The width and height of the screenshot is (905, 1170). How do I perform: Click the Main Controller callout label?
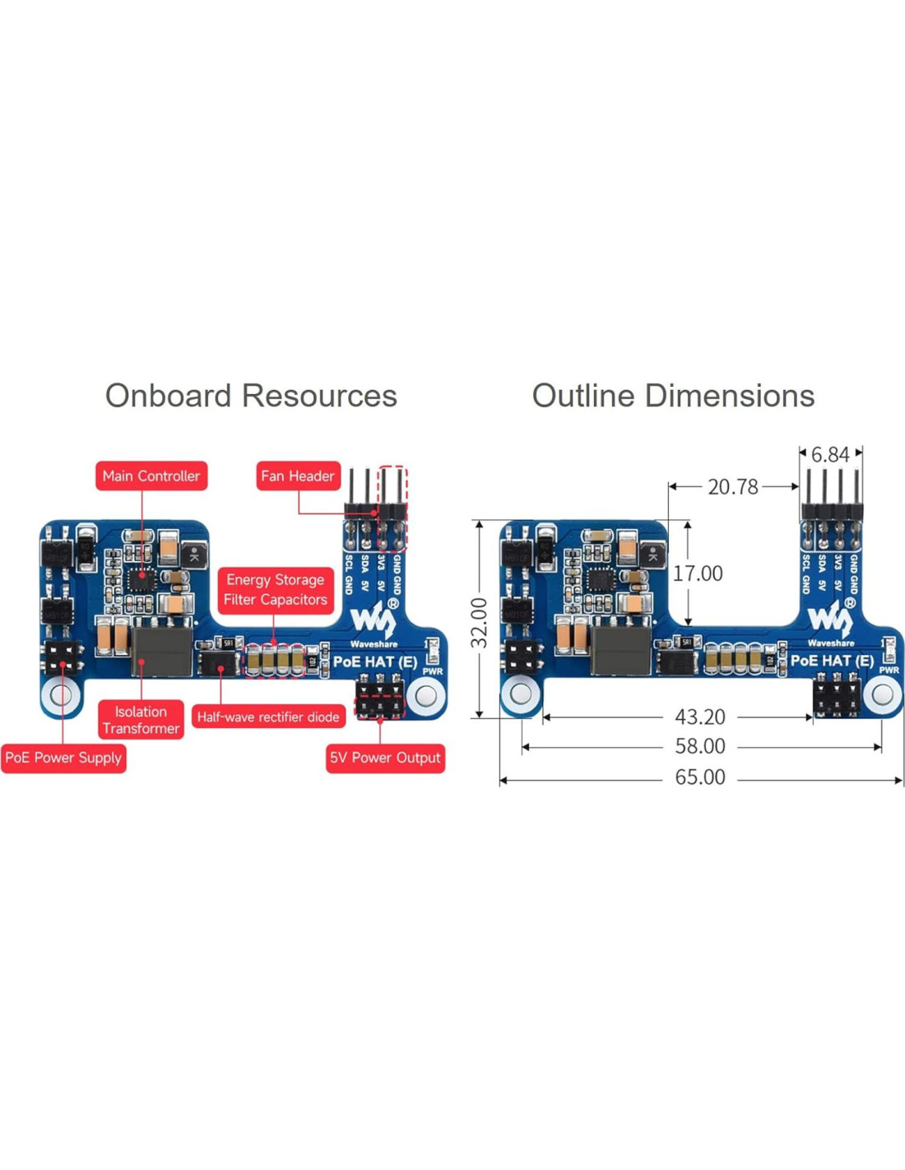151,476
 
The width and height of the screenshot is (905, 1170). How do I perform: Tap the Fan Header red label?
298,476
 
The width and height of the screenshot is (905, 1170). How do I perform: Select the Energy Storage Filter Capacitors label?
275,590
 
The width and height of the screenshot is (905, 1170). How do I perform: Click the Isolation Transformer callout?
141,720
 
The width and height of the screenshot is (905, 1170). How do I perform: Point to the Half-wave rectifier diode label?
268,717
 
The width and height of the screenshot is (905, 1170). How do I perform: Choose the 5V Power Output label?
385,758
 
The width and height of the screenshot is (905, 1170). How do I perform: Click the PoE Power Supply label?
63,758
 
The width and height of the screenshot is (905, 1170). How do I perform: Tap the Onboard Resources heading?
251,396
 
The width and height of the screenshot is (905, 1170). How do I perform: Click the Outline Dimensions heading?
673,396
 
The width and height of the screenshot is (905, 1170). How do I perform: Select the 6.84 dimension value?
829,455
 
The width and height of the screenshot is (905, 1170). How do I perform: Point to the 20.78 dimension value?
732,487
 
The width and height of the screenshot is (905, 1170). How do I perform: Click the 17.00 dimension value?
698,573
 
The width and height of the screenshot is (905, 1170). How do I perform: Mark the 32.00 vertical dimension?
479,623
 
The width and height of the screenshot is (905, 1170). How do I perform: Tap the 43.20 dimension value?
700,717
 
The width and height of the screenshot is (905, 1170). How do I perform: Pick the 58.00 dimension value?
700,746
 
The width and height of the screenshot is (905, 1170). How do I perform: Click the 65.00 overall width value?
700,778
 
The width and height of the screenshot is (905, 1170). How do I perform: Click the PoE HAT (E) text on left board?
374,662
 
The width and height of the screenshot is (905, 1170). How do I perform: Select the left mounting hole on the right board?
521,694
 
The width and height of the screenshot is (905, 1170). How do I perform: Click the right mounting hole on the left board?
426,696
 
